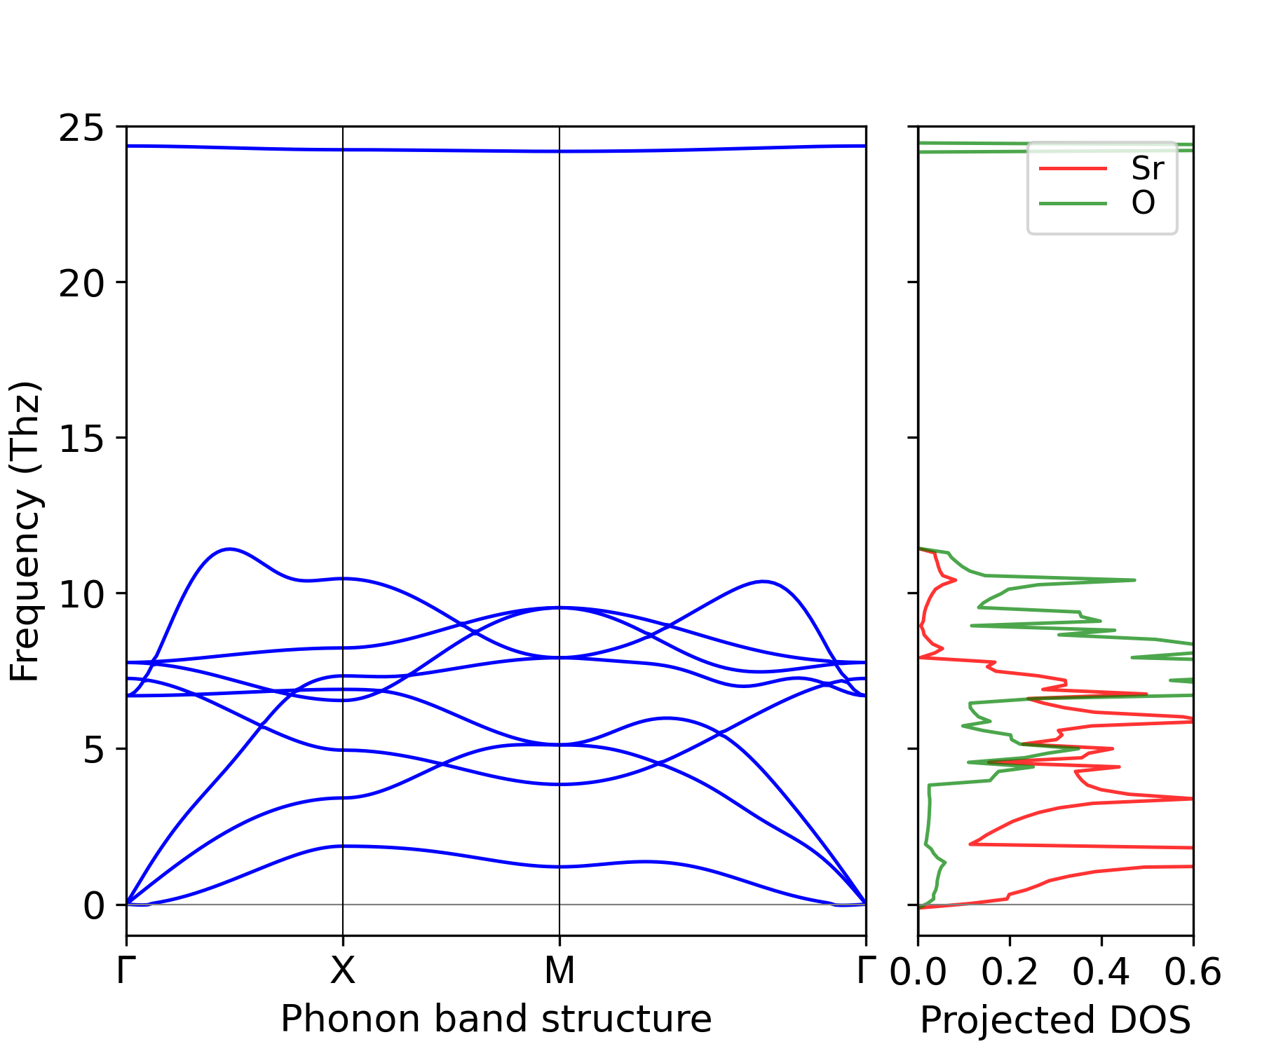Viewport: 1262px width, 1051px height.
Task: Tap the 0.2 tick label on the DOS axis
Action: click(x=1010, y=973)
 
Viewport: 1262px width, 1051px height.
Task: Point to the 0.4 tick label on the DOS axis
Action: click(x=1101, y=973)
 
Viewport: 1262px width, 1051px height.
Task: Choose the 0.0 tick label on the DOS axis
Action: click(x=918, y=973)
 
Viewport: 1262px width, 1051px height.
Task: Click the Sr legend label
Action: click(x=1148, y=169)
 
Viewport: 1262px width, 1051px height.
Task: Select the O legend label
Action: click(x=1144, y=204)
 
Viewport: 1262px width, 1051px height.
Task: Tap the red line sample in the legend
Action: click(x=1073, y=169)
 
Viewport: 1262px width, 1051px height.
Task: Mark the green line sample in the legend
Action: click(x=1073, y=204)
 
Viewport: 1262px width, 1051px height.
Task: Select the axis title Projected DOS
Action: click(x=1056, y=1021)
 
